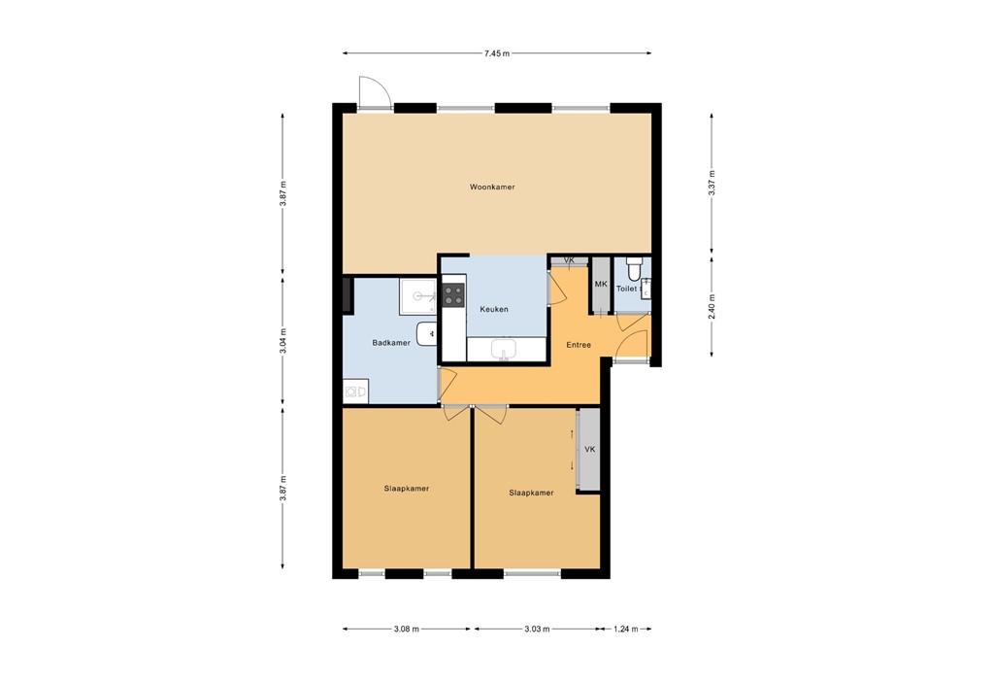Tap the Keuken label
click(494, 309)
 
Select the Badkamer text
click(390, 343)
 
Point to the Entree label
click(579, 344)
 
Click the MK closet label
click(600, 285)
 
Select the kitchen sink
click(504, 348)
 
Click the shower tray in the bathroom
click(418, 295)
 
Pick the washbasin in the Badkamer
click(427, 333)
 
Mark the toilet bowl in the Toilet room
click(635, 266)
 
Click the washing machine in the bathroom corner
click(355, 392)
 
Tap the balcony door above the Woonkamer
click(374, 94)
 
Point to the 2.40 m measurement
click(712, 306)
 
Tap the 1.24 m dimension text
click(626, 630)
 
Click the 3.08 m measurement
click(407, 630)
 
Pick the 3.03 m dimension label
click(537, 630)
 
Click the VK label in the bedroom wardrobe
click(589, 449)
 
